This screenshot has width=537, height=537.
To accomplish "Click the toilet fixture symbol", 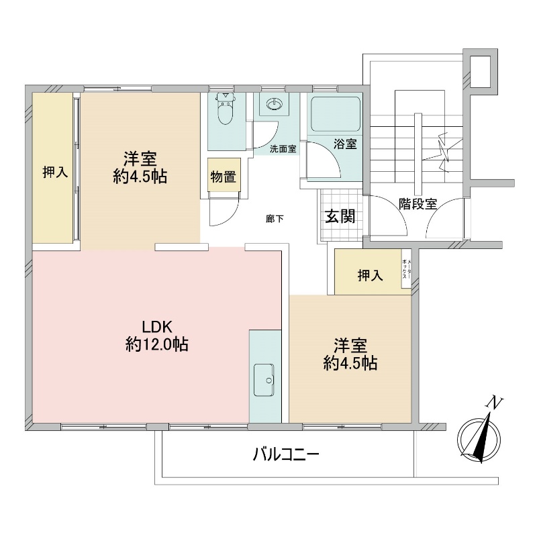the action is pos(226,109).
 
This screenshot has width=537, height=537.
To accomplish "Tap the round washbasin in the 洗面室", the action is pos(274,104).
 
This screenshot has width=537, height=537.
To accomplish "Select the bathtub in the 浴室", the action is pos(335,114).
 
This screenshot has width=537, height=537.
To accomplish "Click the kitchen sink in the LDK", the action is pos(264,380).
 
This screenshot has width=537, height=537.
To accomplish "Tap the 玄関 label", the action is pos(340,216).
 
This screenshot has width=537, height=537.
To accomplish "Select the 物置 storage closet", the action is pos(224,175).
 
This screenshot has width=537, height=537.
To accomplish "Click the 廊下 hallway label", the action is pos(275,219).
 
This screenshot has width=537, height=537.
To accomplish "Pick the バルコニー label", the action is pos(286,454).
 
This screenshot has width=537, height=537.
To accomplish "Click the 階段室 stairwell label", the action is pos(418,204).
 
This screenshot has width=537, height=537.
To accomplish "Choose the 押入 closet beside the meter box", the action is pos(369,272).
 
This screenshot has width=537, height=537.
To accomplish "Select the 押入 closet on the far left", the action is pos(53,168).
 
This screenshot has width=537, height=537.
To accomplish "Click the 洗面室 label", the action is pos(283,149).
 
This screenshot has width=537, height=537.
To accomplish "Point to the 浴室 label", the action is pos(345,144).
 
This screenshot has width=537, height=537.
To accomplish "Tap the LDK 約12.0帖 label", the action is pos(157,336).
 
